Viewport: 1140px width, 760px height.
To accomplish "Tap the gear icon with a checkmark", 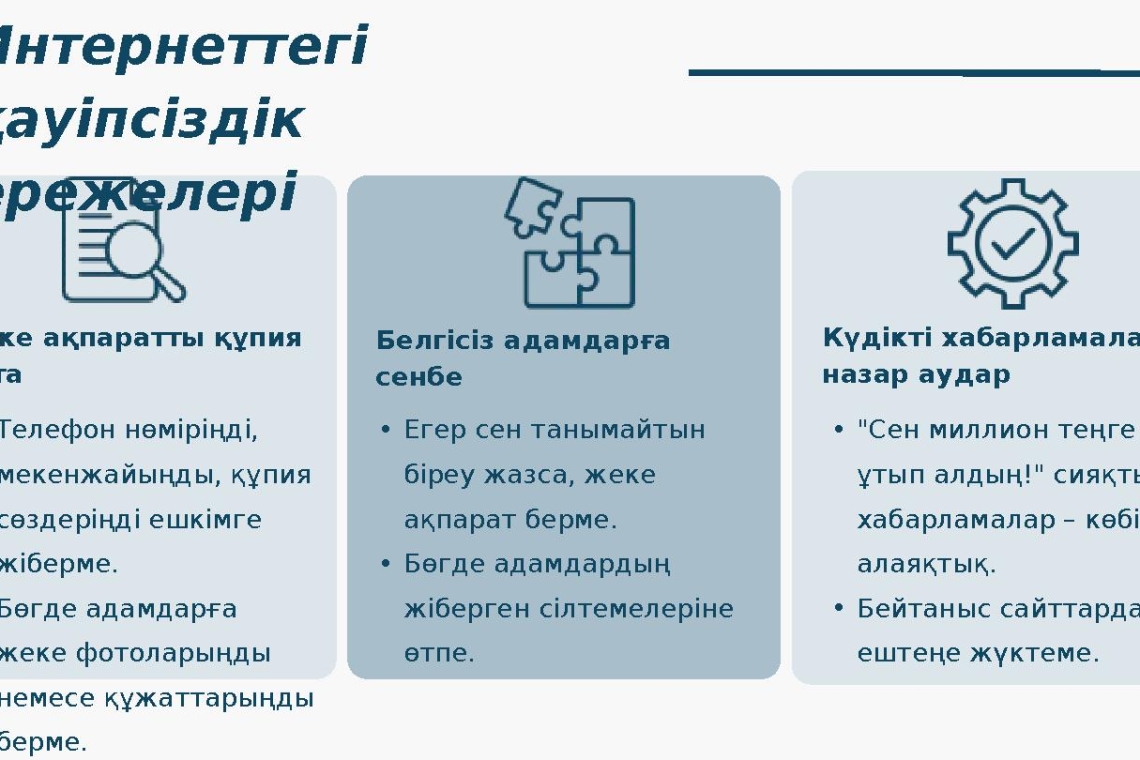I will click(1012, 242).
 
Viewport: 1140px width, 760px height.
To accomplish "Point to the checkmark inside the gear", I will click(1013, 243).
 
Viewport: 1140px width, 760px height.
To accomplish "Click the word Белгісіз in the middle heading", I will click(432, 340).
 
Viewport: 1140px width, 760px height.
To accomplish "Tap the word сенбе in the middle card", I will click(419, 377).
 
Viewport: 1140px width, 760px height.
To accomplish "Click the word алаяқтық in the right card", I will click(924, 564).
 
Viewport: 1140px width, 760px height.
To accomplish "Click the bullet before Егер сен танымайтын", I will click(385, 430).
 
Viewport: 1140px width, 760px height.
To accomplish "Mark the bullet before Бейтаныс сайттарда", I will click(838, 608).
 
